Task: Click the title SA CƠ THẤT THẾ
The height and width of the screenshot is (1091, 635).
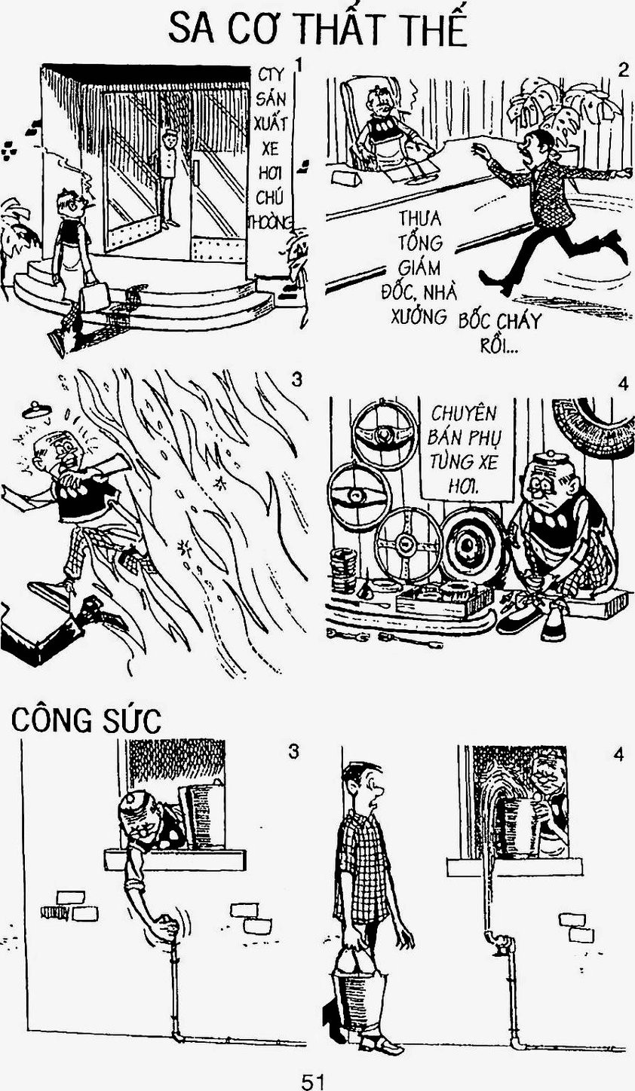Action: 317,30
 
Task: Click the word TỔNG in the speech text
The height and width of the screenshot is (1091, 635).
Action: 413,242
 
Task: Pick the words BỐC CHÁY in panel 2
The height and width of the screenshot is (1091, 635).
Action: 499,322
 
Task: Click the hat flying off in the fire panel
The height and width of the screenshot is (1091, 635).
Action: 37,408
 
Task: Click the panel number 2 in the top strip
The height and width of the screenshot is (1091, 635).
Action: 623,71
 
